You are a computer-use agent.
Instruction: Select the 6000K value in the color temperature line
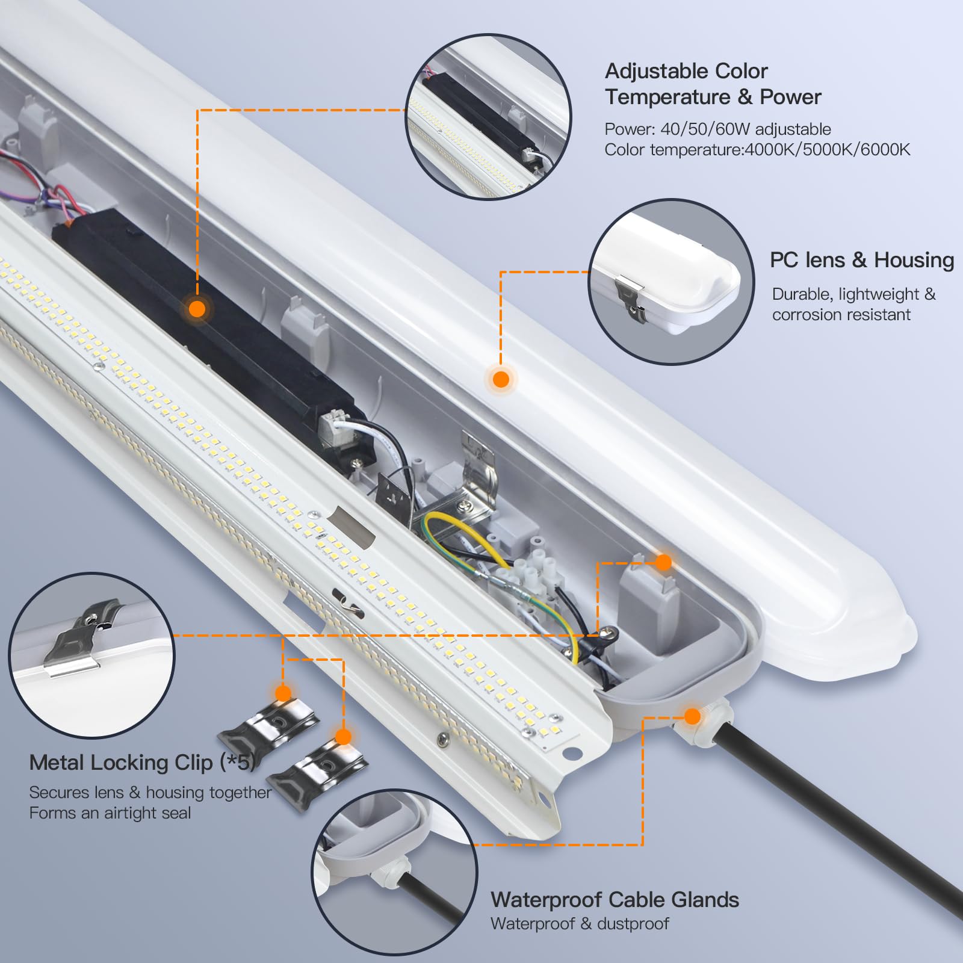pyautogui.click(x=885, y=150)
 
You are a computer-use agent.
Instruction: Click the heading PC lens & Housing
pyautogui.click(x=861, y=260)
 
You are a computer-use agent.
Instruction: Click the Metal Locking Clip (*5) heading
pyautogui.click(x=142, y=763)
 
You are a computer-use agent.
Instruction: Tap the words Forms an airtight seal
pyautogui.click(x=110, y=813)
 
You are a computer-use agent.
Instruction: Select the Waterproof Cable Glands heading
pyautogui.click(x=615, y=900)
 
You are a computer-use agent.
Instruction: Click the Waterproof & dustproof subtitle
pyautogui.click(x=579, y=924)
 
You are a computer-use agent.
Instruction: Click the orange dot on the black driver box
pyautogui.click(x=197, y=309)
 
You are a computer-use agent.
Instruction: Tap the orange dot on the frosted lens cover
pyautogui.click(x=501, y=379)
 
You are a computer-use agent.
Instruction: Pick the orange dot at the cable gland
pyautogui.click(x=692, y=716)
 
